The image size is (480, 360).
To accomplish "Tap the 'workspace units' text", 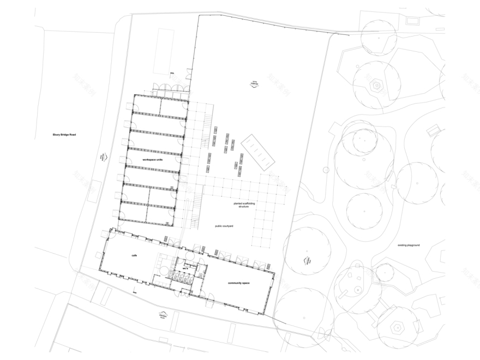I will pos(153,159).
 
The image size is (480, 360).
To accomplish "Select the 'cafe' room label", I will pos(134,255).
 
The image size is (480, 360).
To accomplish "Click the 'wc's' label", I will pos(185,267).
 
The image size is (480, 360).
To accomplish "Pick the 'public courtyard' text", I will pos(224,225).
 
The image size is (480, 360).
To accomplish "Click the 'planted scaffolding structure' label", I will pos(243,205).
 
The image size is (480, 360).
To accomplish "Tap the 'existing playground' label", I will pos(409,245).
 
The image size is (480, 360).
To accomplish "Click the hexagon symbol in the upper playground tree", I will pos(376,86).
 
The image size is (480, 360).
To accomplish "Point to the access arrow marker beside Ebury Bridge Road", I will pos(102,157).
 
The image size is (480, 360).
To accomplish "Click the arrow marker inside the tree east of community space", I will pos(307,261).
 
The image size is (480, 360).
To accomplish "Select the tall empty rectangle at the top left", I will pos(164,51).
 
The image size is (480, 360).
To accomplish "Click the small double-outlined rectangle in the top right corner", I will pos(413,21).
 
